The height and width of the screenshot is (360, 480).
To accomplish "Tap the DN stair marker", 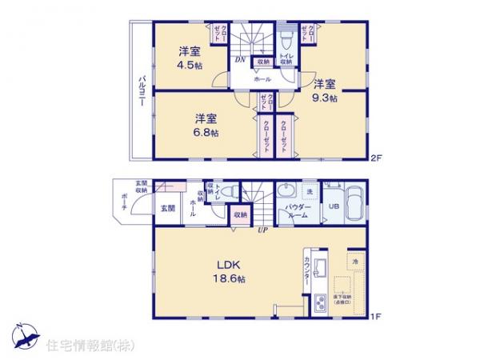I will coord(238,59).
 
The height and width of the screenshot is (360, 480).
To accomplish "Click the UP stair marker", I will coord(261,231).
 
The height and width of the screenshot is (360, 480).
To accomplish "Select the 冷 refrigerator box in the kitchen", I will coord(354,262).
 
